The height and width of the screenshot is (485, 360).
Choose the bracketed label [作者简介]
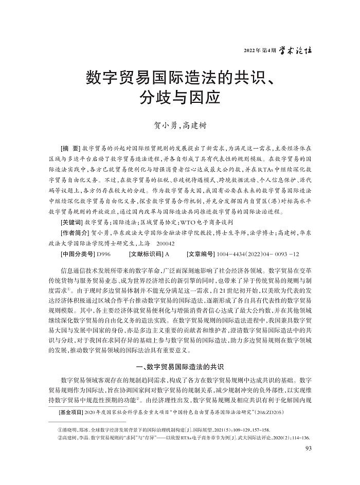(74, 233)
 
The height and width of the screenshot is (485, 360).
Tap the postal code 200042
(165, 243)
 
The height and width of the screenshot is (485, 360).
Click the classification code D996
(103, 254)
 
